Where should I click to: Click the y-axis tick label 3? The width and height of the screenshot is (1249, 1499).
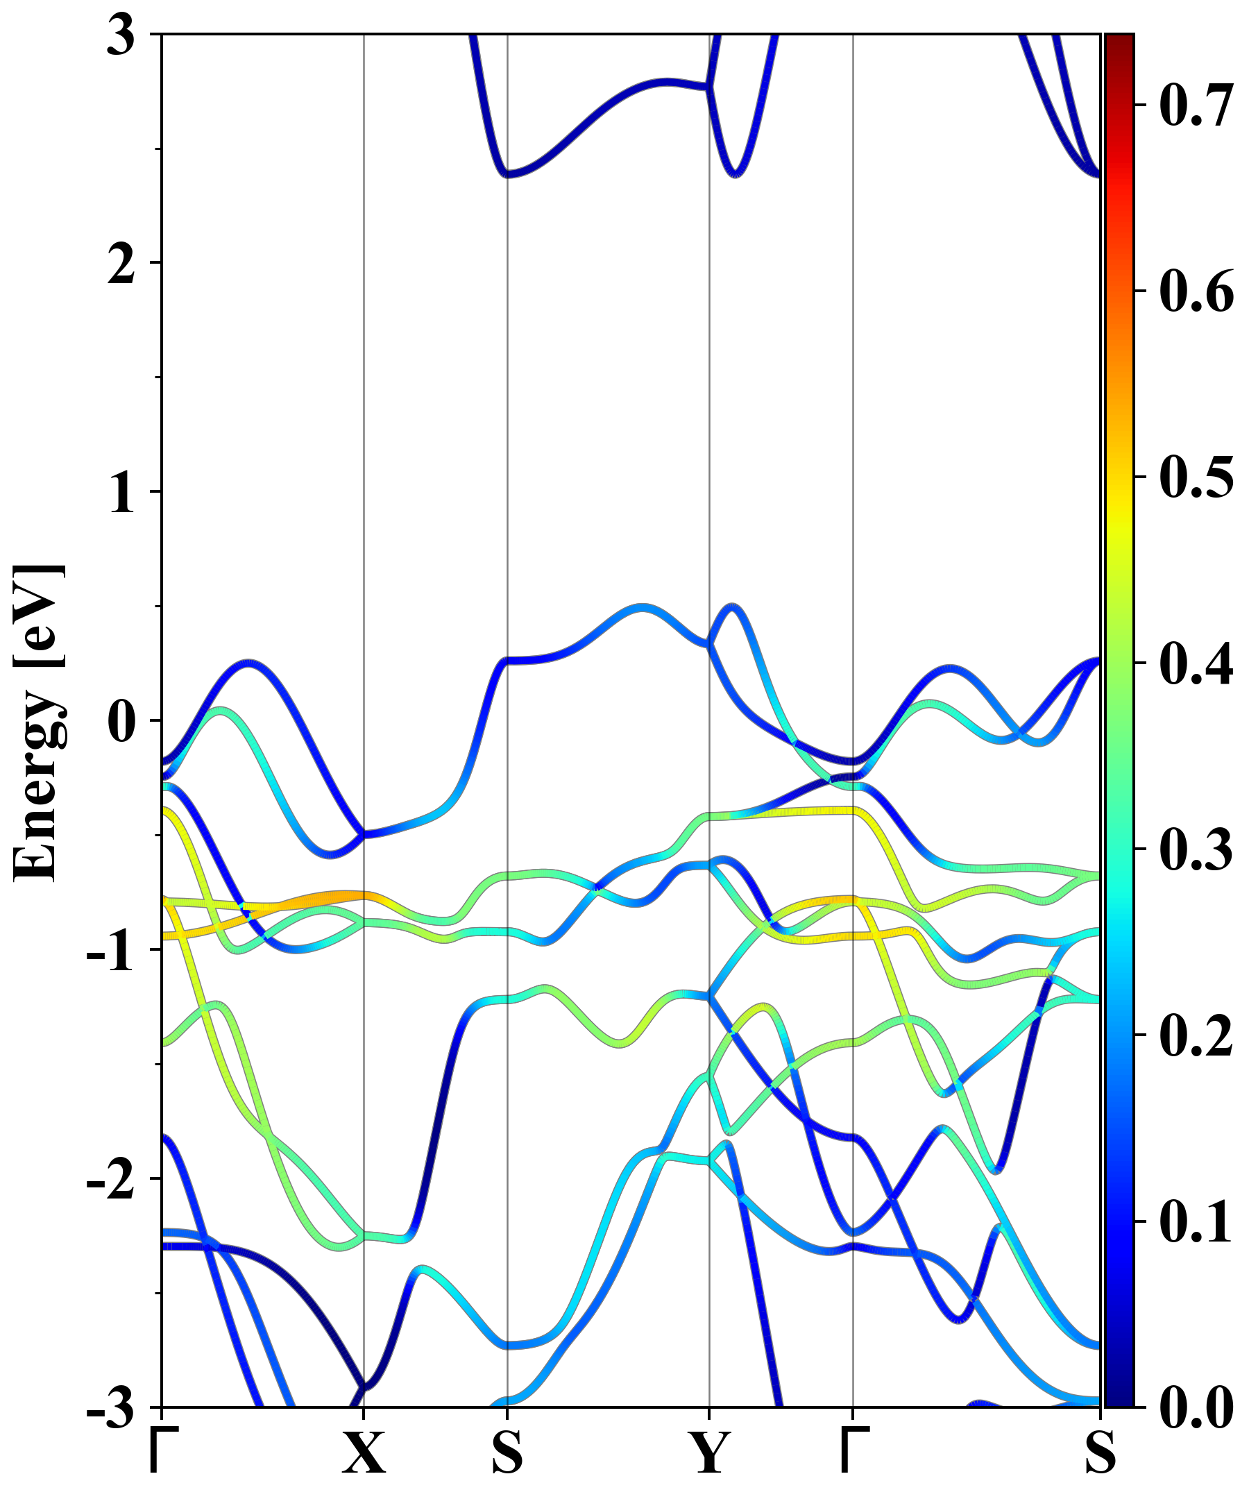click(x=121, y=35)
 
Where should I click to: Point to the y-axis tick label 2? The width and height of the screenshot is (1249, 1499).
click(x=121, y=265)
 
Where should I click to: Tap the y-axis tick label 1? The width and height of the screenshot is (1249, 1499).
click(x=121, y=494)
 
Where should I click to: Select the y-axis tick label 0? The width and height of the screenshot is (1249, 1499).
click(x=121, y=722)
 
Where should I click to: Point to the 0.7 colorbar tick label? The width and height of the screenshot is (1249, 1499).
click(x=1196, y=105)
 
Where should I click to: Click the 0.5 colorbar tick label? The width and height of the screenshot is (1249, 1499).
click(x=1196, y=477)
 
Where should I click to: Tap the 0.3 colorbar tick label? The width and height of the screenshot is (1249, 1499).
click(x=1196, y=849)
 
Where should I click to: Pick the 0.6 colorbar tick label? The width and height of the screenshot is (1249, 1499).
click(x=1196, y=291)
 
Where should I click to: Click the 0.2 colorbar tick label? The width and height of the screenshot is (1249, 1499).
click(x=1196, y=1035)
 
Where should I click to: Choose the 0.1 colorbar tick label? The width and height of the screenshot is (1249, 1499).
click(x=1196, y=1221)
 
